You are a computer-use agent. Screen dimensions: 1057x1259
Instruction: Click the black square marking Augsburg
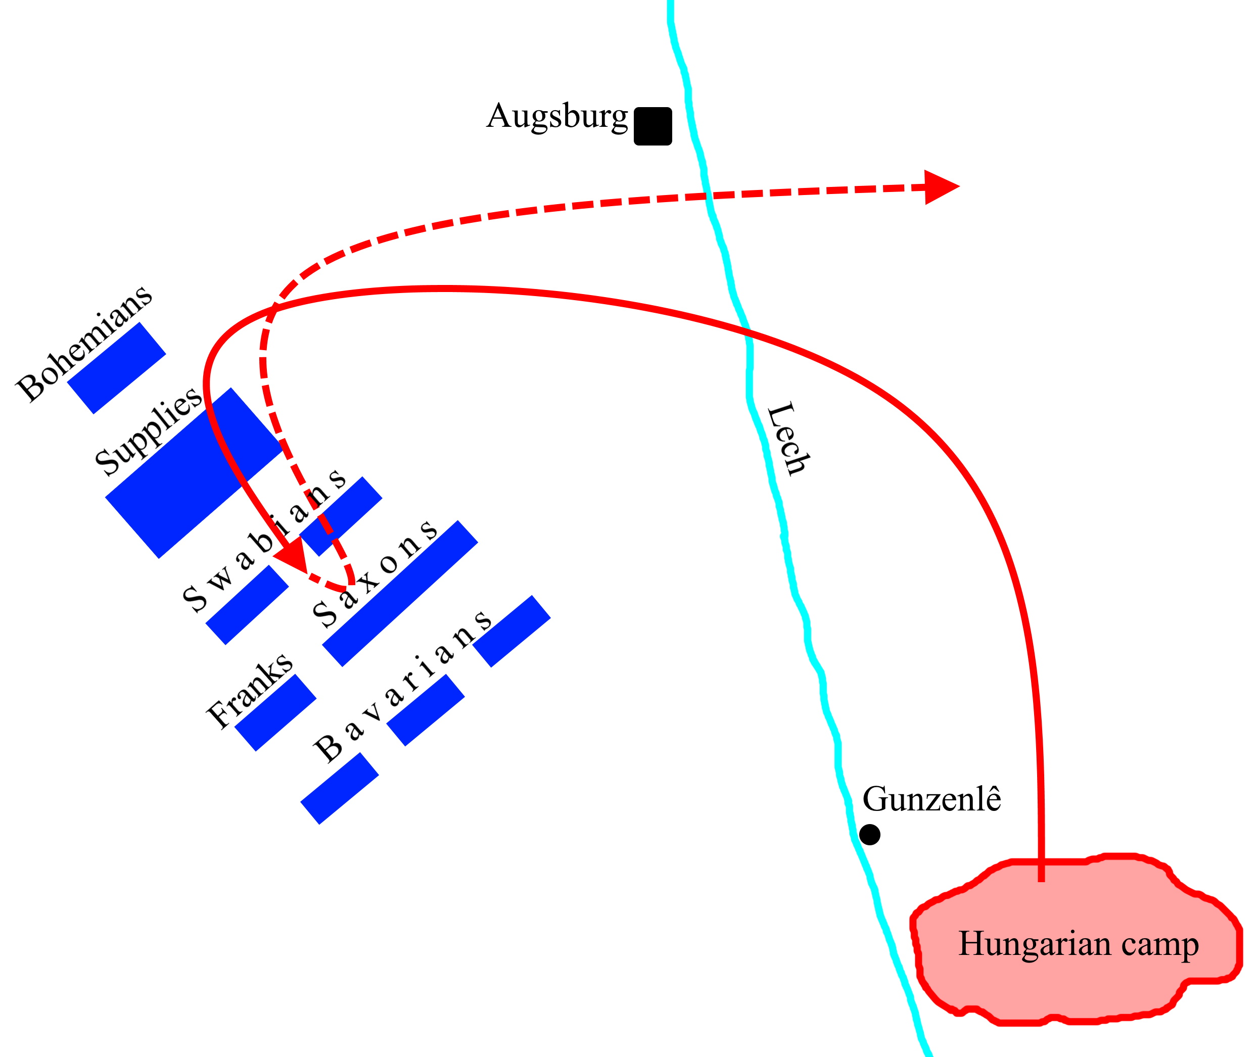point(653,126)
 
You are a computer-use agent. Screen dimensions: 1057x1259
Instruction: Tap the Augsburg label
point(557,116)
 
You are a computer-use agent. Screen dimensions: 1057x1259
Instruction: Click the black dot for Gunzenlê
point(869,835)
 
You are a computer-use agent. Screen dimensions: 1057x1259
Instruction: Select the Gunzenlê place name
point(931,799)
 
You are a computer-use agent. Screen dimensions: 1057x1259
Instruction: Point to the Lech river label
point(788,439)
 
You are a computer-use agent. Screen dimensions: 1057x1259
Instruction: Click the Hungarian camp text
point(1079,944)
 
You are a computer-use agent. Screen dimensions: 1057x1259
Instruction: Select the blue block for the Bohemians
point(116,368)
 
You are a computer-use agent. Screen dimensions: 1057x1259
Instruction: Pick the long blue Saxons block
point(400,593)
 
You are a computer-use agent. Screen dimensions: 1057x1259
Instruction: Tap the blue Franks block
point(275,712)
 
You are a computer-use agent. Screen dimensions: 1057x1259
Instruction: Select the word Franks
point(249,690)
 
